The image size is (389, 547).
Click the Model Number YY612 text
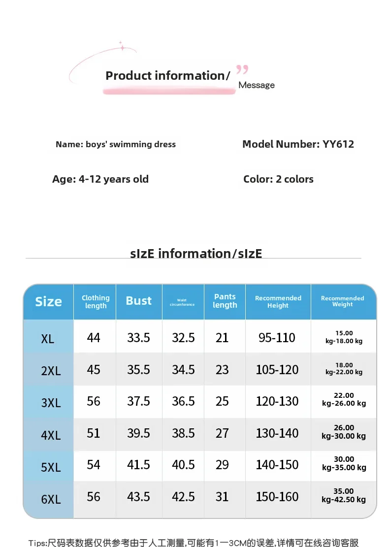coord(298,144)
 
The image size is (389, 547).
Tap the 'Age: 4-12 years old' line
coord(100,179)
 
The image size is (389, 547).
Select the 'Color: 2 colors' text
coord(278,179)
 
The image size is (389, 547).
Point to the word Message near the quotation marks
coord(257,85)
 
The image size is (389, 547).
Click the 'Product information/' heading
coord(167,76)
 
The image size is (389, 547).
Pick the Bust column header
coord(139,301)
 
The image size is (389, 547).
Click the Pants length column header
coord(225,301)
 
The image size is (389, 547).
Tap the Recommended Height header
coord(278,302)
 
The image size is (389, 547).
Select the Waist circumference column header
coord(182,302)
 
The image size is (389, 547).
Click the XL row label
coord(48,339)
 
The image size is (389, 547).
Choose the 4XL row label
coord(51,435)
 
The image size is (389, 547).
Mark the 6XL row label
coord(51,499)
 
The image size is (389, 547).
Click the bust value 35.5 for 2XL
coord(139,370)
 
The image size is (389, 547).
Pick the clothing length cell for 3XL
coord(94,401)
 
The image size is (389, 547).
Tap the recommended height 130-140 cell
coord(277,433)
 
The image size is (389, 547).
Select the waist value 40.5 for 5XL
coord(183,465)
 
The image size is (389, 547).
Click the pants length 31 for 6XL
coord(222,497)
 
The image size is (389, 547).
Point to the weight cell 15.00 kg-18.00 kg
coord(344,337)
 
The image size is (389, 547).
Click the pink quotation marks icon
coord(242,69)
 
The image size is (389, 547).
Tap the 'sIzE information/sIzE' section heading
coord(196,254)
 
